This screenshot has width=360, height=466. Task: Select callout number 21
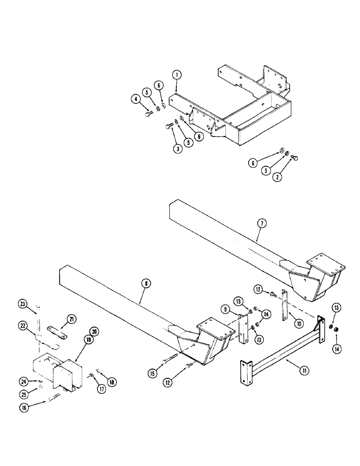click(x=71, y=318)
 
